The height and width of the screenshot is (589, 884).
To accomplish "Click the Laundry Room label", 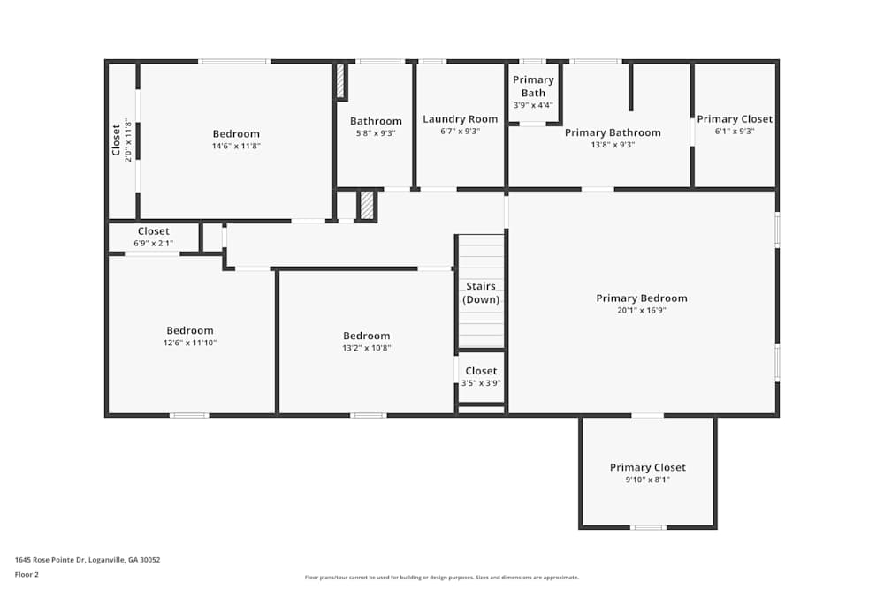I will [x=460, y=119].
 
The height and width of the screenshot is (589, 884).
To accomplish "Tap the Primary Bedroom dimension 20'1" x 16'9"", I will [x=641, y=311].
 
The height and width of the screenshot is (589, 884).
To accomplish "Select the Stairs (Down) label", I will [x=481, y=293].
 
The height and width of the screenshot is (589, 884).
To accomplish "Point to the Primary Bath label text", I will [x=533, y=87].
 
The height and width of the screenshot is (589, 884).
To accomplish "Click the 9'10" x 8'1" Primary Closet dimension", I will [x=647, y=480].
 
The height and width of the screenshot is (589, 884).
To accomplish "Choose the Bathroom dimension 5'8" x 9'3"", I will [x=376, y=133].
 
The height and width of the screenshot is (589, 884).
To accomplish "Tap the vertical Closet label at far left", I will [x=116, y=140].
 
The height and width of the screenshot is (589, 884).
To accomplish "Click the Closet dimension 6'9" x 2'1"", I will [x=153, y=244].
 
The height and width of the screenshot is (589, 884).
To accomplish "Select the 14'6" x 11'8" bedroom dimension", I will [x=236, y=146].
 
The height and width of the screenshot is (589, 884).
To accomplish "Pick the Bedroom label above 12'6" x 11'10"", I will [x=190, y=331].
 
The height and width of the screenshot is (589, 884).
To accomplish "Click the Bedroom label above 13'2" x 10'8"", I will [x=367, y=336].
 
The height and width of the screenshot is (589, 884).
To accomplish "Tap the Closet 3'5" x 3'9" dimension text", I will [x=481, y=383].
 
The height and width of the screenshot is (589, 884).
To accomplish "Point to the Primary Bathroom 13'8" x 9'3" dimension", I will [x=613, y=145].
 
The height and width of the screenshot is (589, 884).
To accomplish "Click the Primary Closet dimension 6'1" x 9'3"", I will [x=734, y=132].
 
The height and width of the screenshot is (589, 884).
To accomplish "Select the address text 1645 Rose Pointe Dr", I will [x=87, y=560].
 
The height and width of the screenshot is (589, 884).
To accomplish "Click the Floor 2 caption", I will [x=27, y=574].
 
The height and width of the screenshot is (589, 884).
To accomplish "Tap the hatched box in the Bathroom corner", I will [x=340, y=80].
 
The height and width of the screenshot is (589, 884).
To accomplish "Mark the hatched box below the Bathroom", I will [x=367, y=206].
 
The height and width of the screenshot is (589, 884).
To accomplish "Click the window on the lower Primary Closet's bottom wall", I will [x=648, y=527].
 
